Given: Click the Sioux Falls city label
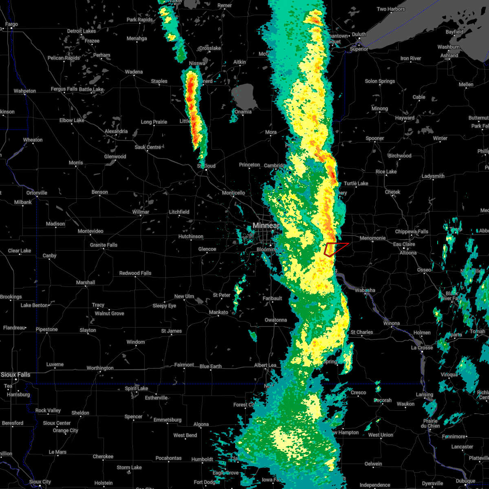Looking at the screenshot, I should [x=15, y=374].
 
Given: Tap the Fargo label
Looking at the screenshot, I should [x=11, y=24].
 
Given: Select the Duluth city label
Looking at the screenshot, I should [x=359, y=35].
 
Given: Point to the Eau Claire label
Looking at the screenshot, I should [x=404, y=244].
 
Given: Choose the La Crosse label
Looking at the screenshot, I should [x=422, y=348].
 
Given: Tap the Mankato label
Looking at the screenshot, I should [x=218, y=313].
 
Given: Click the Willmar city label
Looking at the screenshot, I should [x=141, y=212].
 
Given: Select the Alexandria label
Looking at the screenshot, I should [x=116, y=132].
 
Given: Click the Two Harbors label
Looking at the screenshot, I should [x=391, y=9].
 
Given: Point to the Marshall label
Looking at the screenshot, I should [x=86, y=283].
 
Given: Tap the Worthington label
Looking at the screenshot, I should [x=100, y=368].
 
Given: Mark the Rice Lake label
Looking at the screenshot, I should [x=386, y=172].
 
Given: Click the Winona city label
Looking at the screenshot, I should [x=391, y=324].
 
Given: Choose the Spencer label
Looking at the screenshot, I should [x=133, y=416].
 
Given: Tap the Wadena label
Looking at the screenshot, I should [x=134, y=72].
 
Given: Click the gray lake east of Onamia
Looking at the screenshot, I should [x=245, y=96].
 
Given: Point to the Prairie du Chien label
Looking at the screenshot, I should [x=431, y=423].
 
